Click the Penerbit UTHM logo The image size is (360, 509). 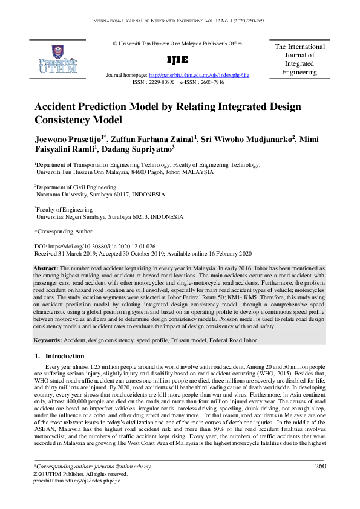[x=57, y=59]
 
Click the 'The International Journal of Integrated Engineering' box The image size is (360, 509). [x=299, y=59]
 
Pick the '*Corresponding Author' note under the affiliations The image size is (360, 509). [x=63, y=231]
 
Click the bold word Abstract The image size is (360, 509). [x=45, y=268]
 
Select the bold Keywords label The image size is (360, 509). [x=48, y=340]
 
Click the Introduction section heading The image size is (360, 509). [x=65, y=357]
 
